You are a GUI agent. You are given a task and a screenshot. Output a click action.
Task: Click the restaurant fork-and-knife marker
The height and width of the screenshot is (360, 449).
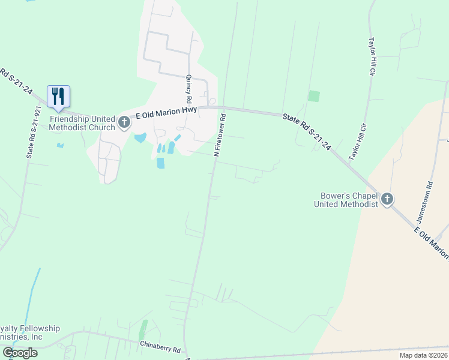[58, 96]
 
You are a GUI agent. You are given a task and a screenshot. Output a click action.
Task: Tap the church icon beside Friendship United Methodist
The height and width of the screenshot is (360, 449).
[124, 122]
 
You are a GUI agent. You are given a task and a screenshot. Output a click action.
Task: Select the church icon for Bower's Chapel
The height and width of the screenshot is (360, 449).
[387, 199]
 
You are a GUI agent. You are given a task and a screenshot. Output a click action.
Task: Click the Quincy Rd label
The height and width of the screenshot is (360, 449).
[188, 89]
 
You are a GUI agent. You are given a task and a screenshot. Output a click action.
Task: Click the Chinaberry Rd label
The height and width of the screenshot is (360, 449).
[160, 347]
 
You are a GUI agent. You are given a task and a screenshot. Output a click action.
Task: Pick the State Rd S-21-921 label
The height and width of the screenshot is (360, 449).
[34, 133]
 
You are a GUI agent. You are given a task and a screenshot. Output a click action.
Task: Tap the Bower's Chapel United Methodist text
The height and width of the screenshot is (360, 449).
[346, 200]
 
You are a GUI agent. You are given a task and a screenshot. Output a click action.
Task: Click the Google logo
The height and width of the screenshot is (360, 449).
[20, 353]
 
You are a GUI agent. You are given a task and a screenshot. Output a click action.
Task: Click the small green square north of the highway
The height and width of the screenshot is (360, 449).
[314, 96]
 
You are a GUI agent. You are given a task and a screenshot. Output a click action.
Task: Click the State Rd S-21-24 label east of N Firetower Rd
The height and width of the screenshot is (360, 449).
[307, 134]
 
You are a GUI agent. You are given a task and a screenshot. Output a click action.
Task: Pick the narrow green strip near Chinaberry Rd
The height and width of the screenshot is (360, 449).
[143, 329]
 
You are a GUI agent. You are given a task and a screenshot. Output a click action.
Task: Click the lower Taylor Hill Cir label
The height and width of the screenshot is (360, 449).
[358, 142]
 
